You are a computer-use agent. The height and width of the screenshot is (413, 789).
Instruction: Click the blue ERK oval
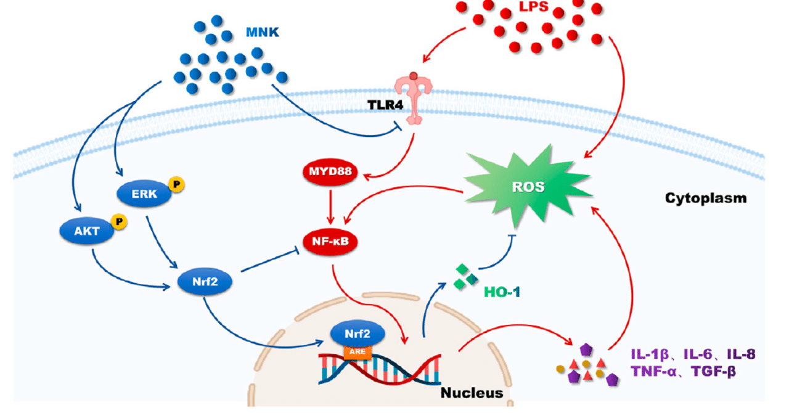tap(144, 194)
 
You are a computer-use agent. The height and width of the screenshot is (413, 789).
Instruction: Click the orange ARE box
tap(358, 351)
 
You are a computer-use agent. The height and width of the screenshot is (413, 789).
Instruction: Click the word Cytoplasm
tap(705, 198)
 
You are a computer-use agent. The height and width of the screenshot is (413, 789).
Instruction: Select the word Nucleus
tap(472, 393)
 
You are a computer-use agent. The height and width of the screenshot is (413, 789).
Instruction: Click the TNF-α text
tap(656, 372)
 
